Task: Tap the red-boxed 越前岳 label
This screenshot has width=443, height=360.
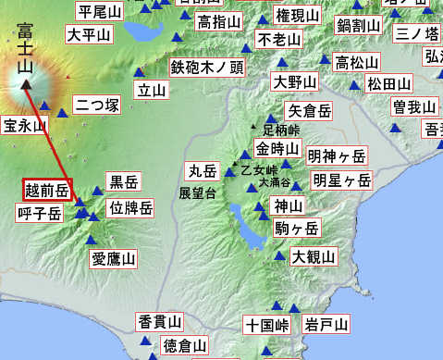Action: tap(47, 191)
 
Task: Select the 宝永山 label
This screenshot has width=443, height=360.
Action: tap(23, 126)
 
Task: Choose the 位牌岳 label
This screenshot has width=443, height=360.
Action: tap(130, 207)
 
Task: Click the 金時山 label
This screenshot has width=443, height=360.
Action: tap(277, 149)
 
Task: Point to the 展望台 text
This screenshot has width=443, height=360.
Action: tap(198, 193)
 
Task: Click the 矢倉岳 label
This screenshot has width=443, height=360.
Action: tap(309, 111)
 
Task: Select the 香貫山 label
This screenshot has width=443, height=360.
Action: tap(160, 321)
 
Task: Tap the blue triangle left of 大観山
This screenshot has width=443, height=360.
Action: tap(280, 254)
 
